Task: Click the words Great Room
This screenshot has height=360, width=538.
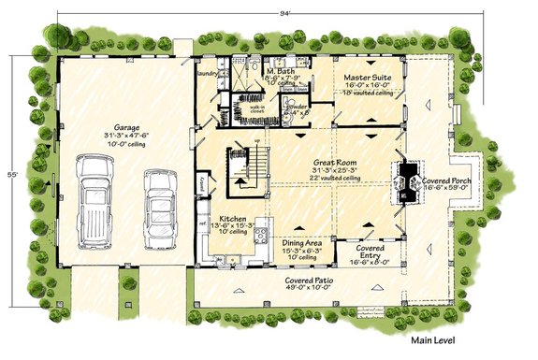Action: pyautogui.click(x=335, y=162)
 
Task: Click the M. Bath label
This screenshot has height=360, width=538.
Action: pyautogui.click(x=282, y=70)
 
